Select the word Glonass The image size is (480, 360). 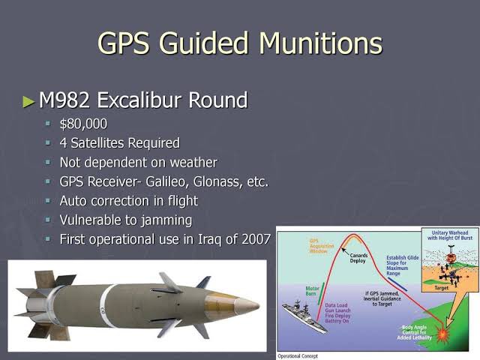219,181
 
